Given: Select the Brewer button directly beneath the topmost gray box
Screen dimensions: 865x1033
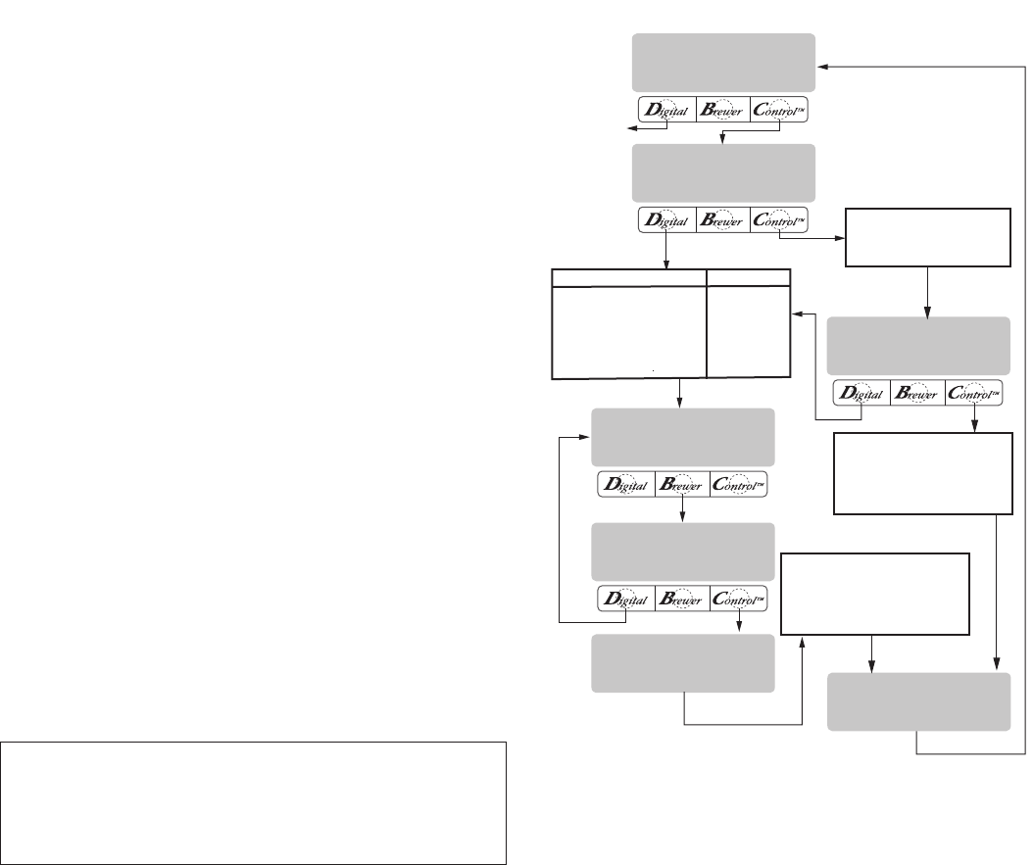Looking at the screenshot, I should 722,109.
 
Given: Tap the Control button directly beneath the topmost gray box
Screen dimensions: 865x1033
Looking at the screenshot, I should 781,109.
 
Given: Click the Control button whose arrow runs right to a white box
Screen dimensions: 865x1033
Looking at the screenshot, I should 781,219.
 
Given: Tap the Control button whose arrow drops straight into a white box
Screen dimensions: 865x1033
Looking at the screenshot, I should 974,394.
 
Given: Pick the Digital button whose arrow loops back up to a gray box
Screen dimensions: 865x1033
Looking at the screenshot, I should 624,600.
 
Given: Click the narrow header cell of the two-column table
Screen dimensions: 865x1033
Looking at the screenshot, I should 748,277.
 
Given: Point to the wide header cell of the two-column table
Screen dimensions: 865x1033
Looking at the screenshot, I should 628,277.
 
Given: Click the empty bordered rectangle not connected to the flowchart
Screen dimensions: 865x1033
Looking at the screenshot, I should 253,801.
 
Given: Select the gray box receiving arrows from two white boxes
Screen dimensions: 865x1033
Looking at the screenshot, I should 918,701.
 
